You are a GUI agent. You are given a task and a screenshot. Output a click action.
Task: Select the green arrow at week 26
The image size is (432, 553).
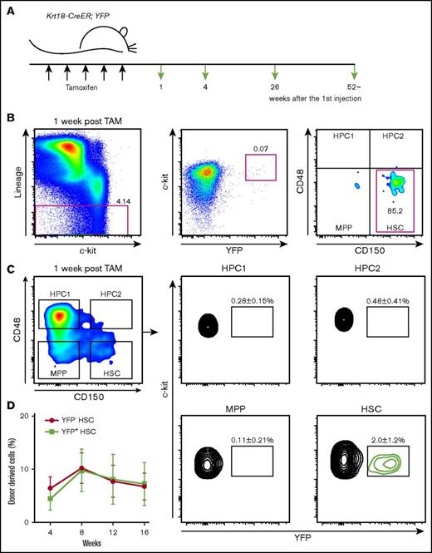[275, 72]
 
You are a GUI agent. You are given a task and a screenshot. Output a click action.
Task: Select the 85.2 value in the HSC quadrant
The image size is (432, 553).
[386, 222]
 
